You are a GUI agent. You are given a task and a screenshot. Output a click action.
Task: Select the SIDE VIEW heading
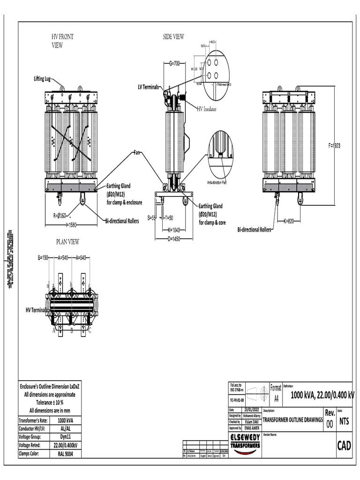point(173,37)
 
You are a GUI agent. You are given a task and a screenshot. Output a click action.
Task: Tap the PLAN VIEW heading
point(67,242)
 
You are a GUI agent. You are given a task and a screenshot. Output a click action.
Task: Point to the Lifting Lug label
point(42,79)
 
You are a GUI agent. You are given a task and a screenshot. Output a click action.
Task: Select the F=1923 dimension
point(334,146)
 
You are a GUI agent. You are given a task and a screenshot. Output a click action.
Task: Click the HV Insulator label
point(210,108)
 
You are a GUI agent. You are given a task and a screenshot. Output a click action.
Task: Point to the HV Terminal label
point(36,310)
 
